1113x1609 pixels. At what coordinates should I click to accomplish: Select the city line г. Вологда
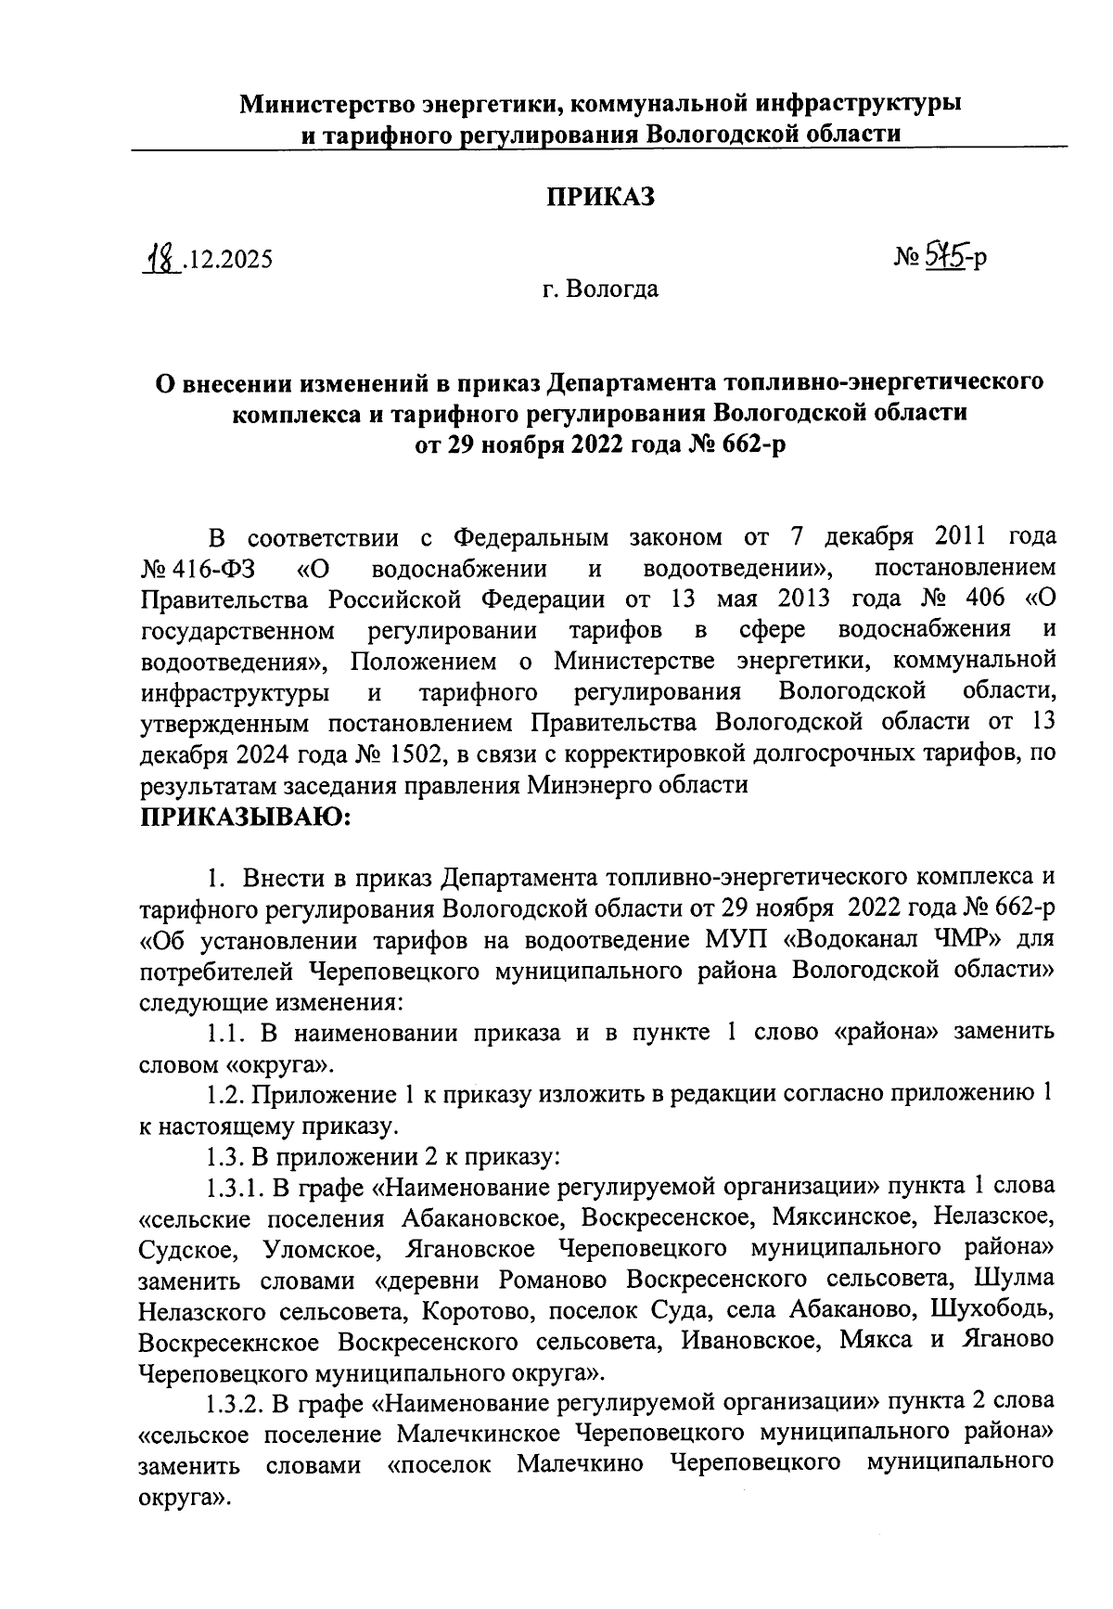pos(600,290)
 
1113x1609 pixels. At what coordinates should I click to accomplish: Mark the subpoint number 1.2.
pos(224,1095)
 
